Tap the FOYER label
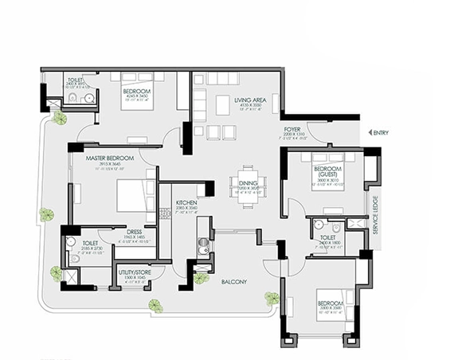tap(292, 129)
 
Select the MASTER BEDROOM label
tap(109, 158)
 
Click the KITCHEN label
tap(186, 204)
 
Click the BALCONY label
tap(234, 281)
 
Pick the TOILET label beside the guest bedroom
tap(327, 237)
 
